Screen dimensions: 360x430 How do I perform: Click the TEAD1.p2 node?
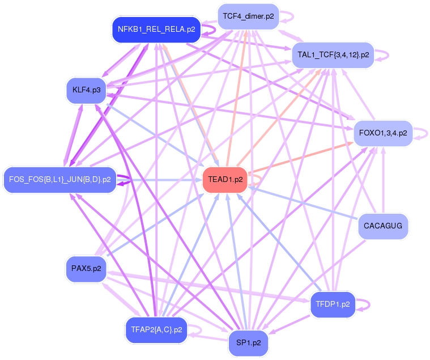[x=225, y=180]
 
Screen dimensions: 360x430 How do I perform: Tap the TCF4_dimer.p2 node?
[x=248, y=16]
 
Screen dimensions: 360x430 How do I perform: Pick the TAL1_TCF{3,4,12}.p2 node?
[x=333, y=55]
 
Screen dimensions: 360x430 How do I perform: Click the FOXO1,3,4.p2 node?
[x=383, y=133]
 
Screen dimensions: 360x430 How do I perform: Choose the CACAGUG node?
[x=383, y=226]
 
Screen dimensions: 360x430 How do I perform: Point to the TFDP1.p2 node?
[x=333, y=304]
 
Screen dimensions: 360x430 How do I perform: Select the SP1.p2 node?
[x=248, y=343]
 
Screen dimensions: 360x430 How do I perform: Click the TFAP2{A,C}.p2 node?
[x=156, y=329]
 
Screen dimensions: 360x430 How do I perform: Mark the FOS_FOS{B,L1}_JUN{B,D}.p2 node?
[x=59, y=180]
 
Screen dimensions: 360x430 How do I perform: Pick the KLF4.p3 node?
[x=86, y=90]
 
